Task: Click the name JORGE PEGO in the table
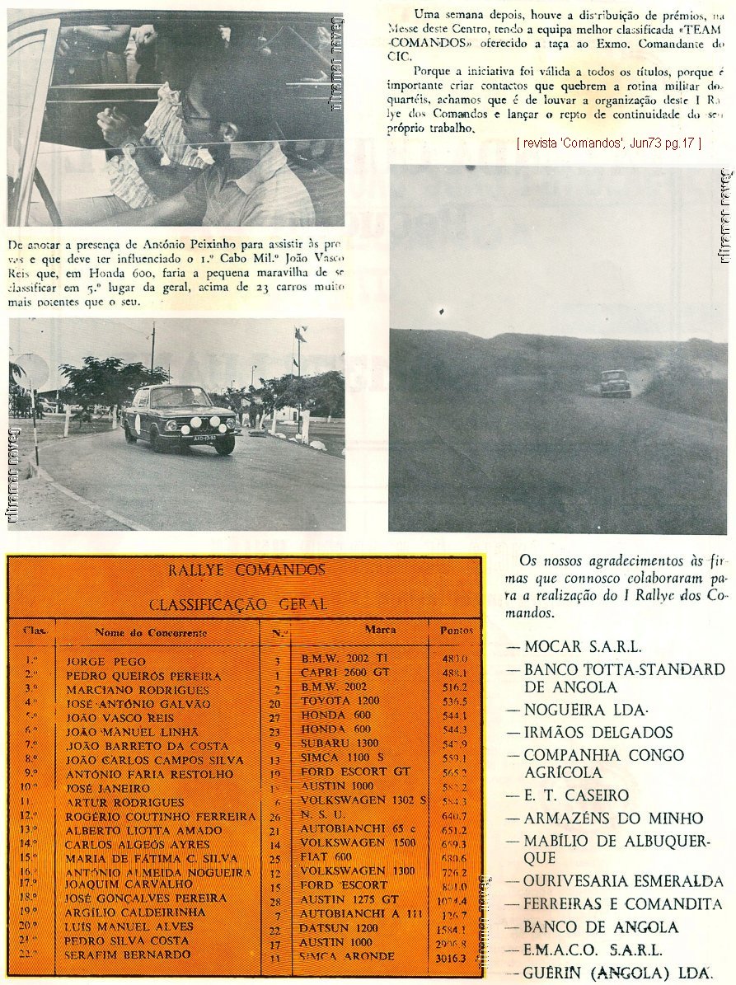[105, 661]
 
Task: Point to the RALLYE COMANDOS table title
[246, 570]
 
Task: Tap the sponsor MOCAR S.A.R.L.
[582, 647]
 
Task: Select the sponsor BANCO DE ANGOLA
[601, 926]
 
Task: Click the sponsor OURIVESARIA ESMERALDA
[623, 881]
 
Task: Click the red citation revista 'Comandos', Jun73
[609, 143]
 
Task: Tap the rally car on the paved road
[180, 418]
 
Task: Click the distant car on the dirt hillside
[614, 383]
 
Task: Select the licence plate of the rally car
[204, 439]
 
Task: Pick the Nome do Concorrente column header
[151, 632]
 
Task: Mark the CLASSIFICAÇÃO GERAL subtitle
[237, 604]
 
